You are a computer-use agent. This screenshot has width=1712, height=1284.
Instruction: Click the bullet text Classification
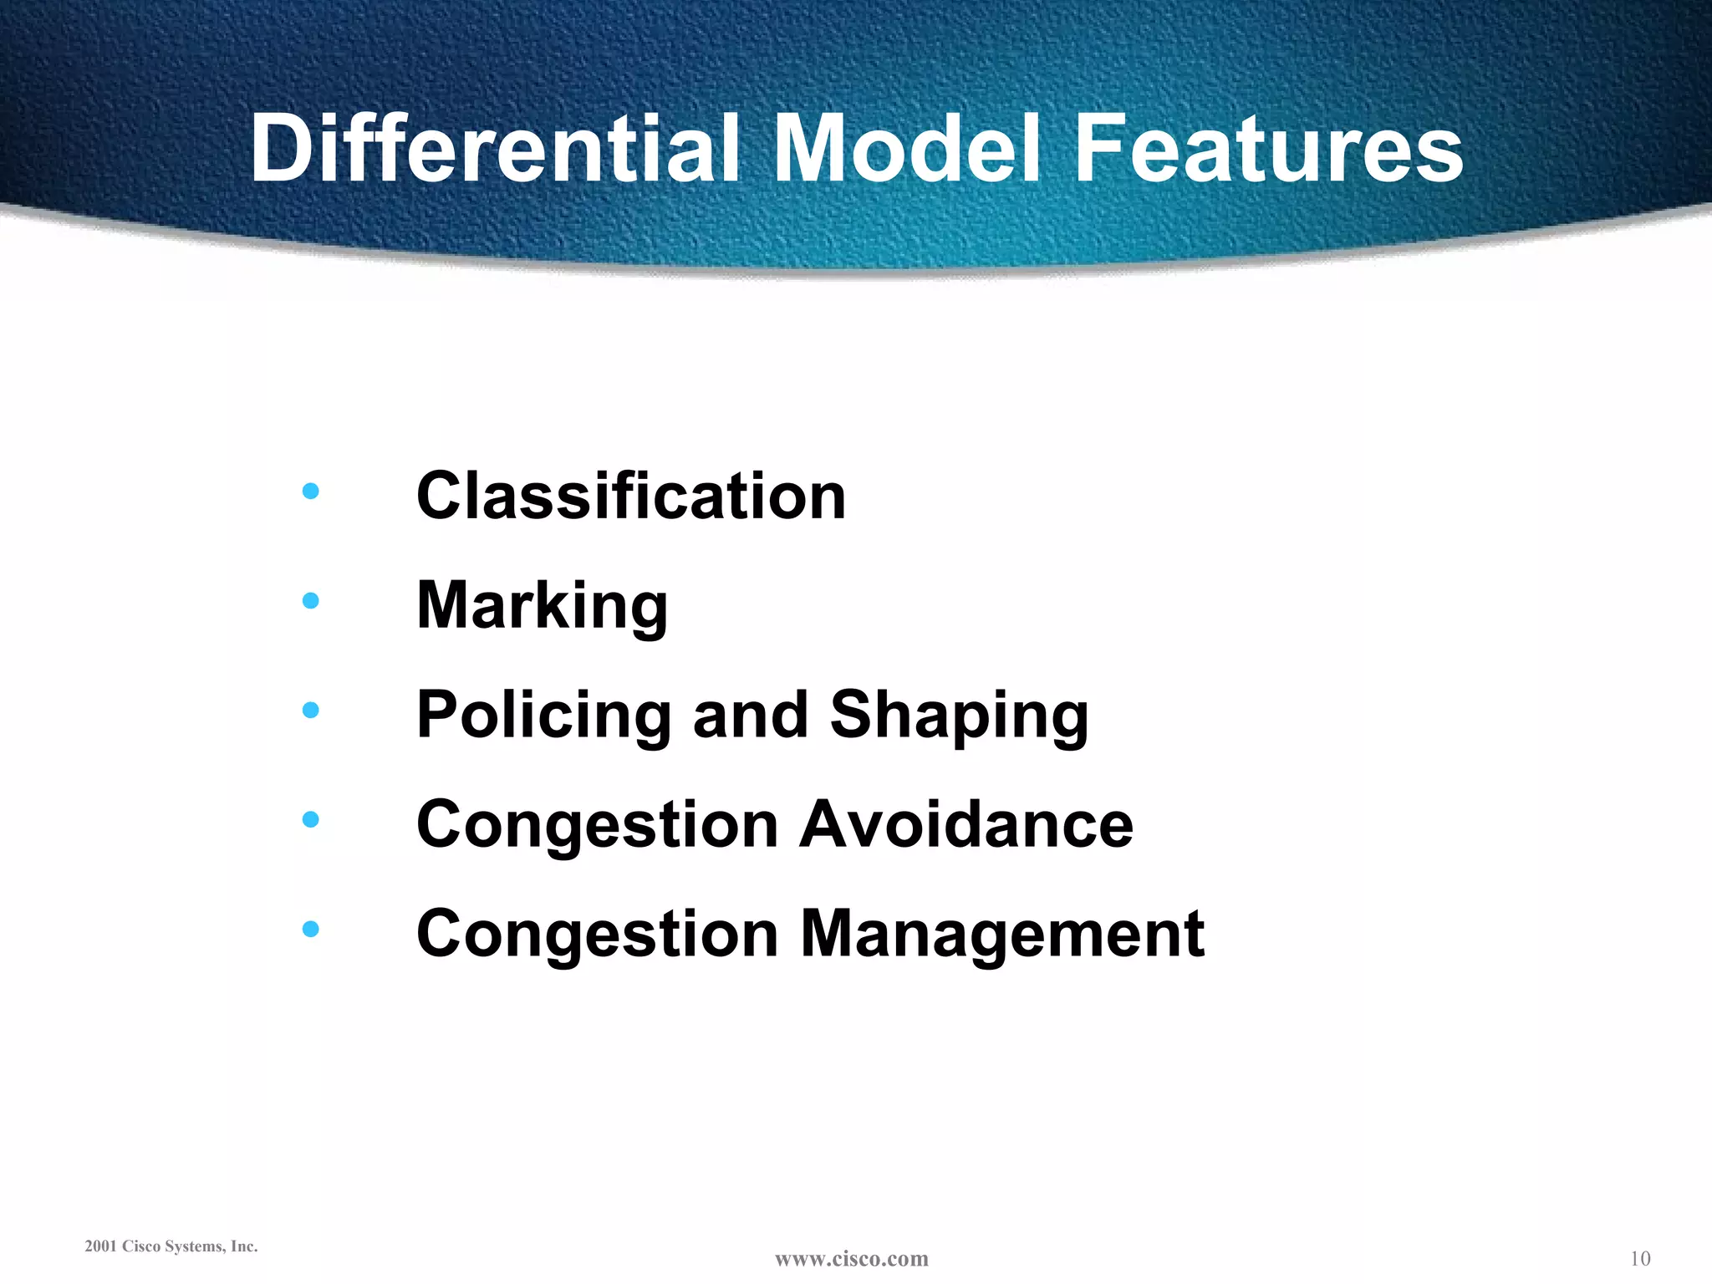631,496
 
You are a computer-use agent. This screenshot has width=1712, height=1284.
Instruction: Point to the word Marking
542,606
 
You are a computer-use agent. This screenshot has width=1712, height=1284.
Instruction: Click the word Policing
543,716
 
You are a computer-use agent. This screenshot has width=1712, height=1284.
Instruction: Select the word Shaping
959,716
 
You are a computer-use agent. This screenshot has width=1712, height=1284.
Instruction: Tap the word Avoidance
966,824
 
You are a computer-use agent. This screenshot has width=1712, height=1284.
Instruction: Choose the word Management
1002,934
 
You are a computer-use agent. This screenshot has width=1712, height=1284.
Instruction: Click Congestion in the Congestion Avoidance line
598,826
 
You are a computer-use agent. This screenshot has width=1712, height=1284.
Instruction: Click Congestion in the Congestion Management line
598,935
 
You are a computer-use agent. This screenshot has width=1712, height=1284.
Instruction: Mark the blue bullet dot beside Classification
310,491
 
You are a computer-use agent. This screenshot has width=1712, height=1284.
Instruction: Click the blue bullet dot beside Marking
310,600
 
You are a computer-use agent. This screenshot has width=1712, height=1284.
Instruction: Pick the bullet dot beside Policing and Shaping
310,710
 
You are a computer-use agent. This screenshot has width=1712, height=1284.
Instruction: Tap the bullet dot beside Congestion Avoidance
310,819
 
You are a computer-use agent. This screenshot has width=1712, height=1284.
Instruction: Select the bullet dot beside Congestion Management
310,929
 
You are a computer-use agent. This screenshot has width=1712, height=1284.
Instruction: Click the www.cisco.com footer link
851,1259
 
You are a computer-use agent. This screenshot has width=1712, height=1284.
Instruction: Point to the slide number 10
1640,1259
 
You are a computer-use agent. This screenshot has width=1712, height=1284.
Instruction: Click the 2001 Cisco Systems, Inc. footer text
171,1246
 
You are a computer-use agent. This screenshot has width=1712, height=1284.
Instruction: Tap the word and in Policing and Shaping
750,716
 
